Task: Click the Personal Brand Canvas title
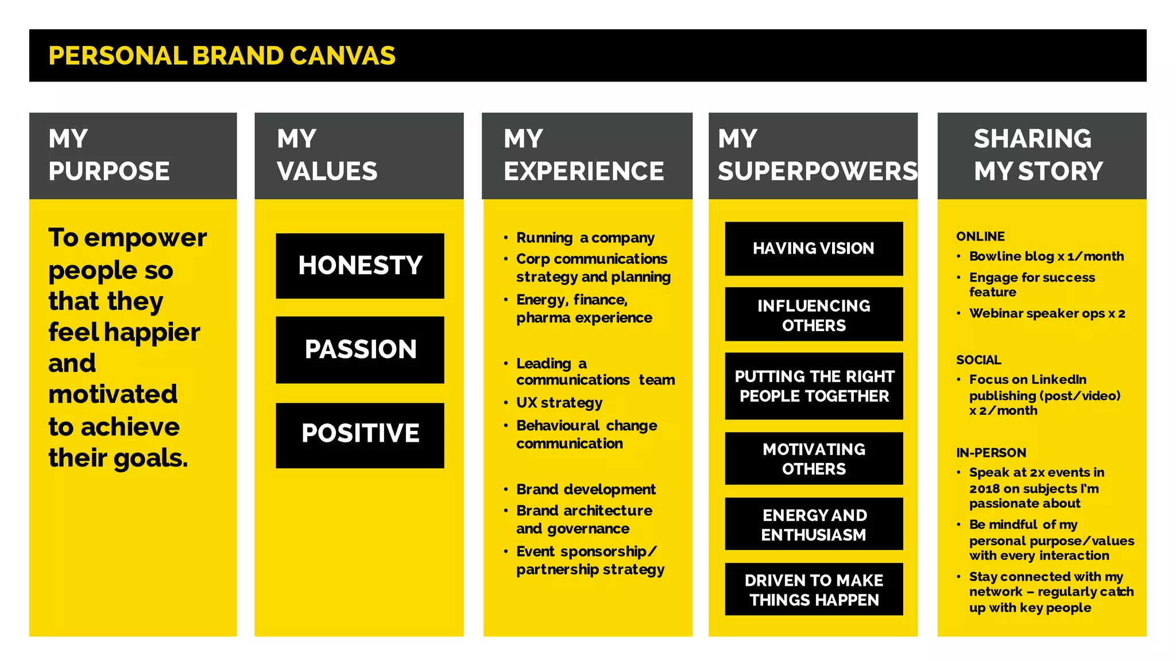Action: pos(222,56)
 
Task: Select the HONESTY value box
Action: pos(360,266)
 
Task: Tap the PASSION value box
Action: pos(360,349)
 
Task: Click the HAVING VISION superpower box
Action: pos(814,248)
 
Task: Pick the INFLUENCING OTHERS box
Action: pos(814,315)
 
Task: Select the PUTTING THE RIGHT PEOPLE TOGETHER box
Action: pos(814,386)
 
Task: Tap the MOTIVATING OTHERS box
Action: pos(814,458)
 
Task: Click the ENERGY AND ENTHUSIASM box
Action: pos(814,524)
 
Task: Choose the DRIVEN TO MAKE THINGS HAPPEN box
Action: pos(814,590)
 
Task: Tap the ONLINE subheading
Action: pos(980,236)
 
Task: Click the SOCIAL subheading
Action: pos(978,360)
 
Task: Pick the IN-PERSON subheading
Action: pos(991,453)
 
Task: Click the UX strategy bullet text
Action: pos(559,403)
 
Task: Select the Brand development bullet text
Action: pos(586,489)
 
